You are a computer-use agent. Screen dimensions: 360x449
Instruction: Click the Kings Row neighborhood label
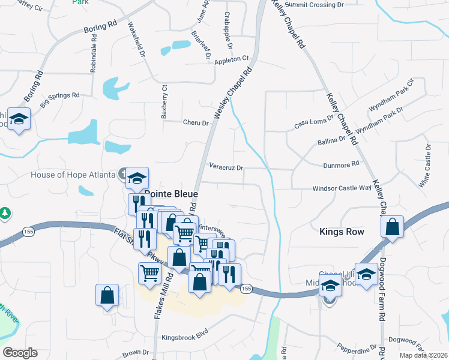click(x=342, y=231)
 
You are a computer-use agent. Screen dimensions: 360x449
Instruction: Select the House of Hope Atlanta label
click(x=73, y=175)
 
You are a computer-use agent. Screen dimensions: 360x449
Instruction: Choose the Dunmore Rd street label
click(x=340, y=163)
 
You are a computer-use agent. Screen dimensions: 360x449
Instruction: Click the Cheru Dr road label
click(x=196, y=122)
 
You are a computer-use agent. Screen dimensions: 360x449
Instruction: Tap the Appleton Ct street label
click(x=232, y=59)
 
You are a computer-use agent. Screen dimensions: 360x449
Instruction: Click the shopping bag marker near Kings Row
click(x=392, y=227)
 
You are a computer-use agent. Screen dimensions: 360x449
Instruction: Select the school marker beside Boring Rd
click(x=19, y=119)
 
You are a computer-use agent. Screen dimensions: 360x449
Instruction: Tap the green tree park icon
click(x=5, y=213)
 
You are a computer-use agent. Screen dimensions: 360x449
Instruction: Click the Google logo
click(x=20, y=353)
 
